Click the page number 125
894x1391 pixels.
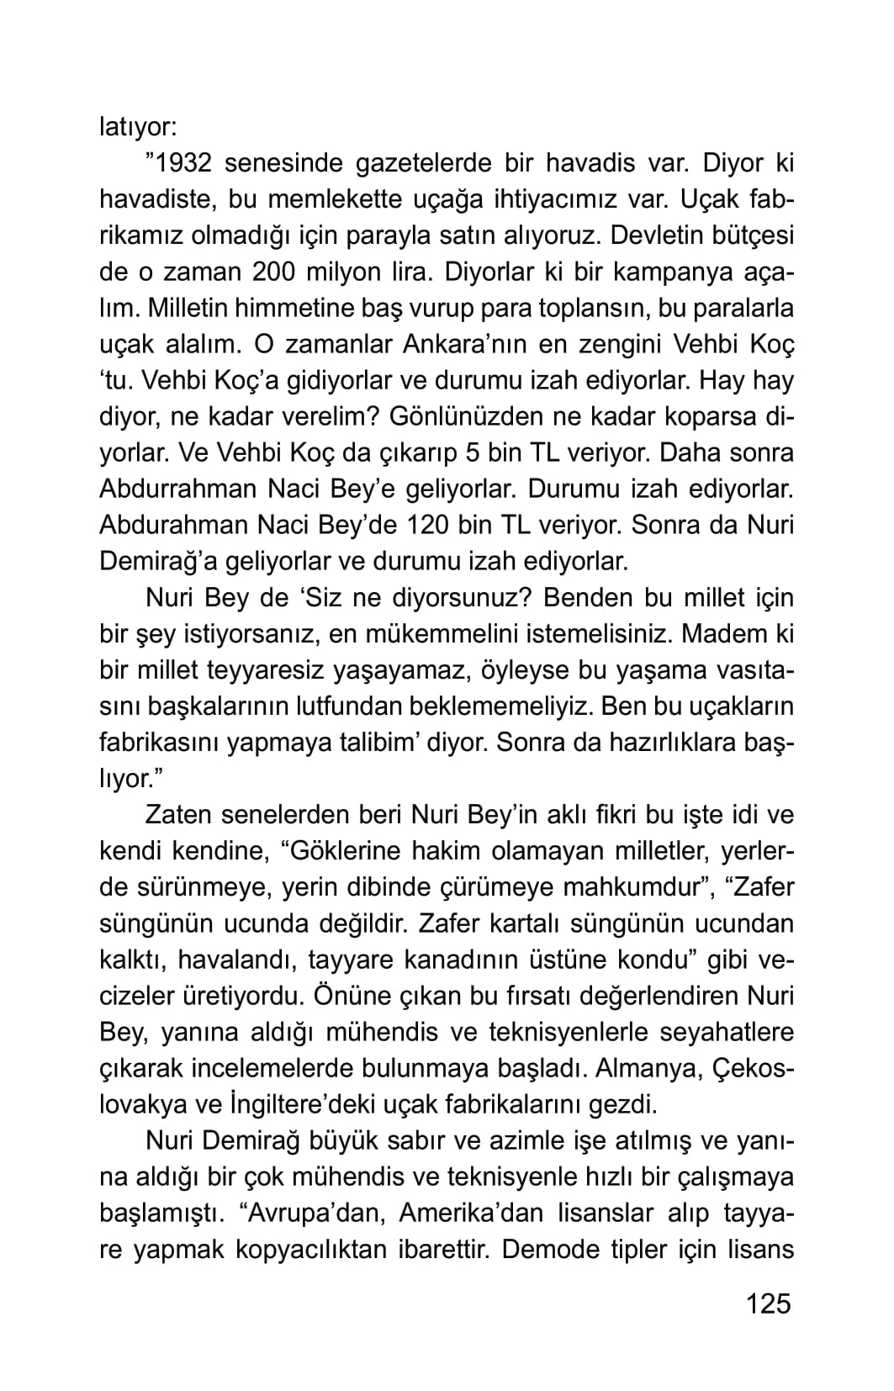pos(768,1304)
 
